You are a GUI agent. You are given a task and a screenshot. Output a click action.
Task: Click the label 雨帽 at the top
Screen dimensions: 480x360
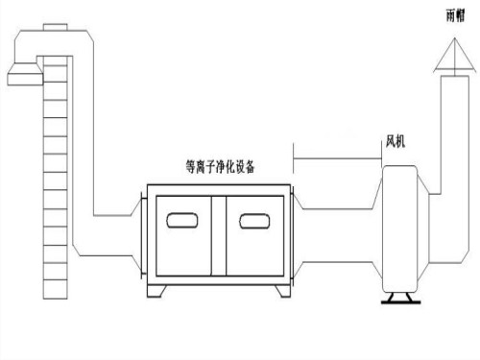[x=456, y=16]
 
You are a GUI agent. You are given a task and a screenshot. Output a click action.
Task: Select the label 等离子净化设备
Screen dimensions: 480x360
[x=219, y=165]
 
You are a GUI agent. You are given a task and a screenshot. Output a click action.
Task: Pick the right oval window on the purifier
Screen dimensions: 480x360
[x=255, y=222]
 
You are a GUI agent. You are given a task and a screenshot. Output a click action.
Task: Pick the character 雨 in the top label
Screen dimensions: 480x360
[x=451, y=16]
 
